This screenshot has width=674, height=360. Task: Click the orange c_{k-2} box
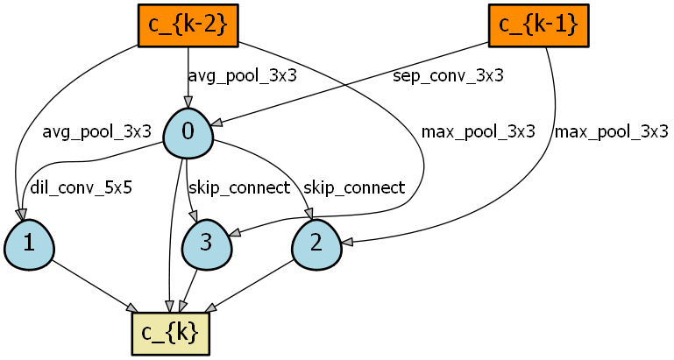188,25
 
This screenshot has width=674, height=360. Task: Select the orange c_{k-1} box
539,25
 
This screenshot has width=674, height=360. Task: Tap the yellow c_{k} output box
170,334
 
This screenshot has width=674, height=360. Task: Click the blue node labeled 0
188,133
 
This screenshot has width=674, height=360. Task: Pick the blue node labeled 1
29,244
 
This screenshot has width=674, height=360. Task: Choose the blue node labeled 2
316,244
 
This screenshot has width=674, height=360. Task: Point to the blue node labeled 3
207,244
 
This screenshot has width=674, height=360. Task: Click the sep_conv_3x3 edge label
448,75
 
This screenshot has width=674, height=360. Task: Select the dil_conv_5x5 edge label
81,187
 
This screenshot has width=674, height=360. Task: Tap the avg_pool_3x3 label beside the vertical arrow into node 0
243,75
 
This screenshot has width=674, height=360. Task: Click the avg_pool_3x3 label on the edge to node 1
96,131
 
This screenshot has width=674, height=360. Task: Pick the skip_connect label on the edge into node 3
239,187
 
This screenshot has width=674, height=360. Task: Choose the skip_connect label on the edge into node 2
354,187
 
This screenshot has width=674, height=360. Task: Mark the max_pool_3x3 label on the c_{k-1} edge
611,131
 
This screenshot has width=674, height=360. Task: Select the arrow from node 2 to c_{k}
252,286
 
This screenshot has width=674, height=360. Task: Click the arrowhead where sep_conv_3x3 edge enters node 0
217,123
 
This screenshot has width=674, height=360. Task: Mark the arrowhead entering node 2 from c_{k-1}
347,243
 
